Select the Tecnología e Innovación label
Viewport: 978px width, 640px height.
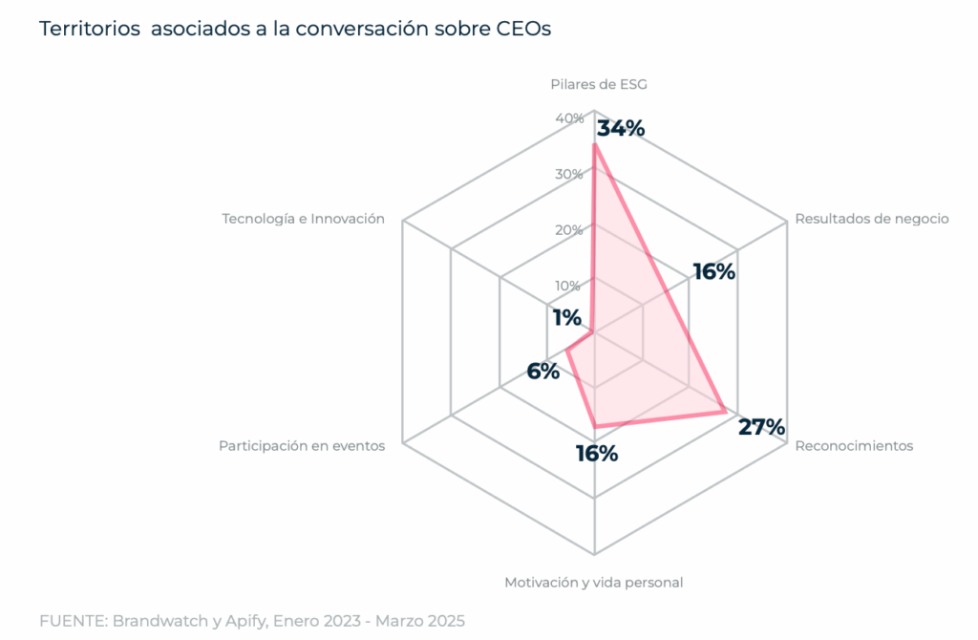coord(303,219)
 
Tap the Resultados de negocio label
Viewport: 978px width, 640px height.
coord(871,219)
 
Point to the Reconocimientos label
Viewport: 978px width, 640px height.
coord(854,446)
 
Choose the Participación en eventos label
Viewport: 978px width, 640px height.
coord(302,446)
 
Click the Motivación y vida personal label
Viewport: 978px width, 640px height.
coord(593,582)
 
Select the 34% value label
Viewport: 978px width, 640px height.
coord(621,129)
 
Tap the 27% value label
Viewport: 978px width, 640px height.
coord(761,427)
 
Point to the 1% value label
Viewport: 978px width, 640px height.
coord(566,318)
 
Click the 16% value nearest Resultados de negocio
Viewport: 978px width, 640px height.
coord(714,272)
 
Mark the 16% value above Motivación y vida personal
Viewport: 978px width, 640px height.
coord(596,454)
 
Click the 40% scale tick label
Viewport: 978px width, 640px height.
coord(569,118)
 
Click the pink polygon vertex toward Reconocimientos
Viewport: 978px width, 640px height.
coord(725,412)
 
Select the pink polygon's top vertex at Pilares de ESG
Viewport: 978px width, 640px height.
coord(594,145)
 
